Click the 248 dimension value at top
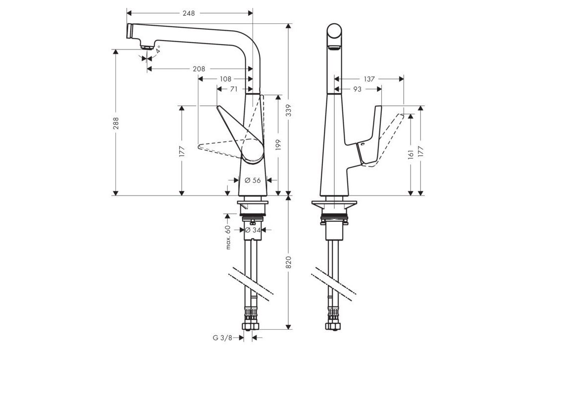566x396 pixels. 188,13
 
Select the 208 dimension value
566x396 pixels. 199,69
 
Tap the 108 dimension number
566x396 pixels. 226,79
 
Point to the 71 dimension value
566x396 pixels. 234,89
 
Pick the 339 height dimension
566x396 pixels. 289,113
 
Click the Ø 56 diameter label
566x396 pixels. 253,180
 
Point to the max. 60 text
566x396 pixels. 228,237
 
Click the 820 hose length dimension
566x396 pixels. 289,262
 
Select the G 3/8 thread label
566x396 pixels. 222,338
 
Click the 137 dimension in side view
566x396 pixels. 369,79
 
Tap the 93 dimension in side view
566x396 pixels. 357,89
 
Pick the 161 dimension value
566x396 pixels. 411,154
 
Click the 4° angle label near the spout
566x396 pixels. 158,50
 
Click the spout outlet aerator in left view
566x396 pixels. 146,47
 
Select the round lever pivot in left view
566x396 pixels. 253,151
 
